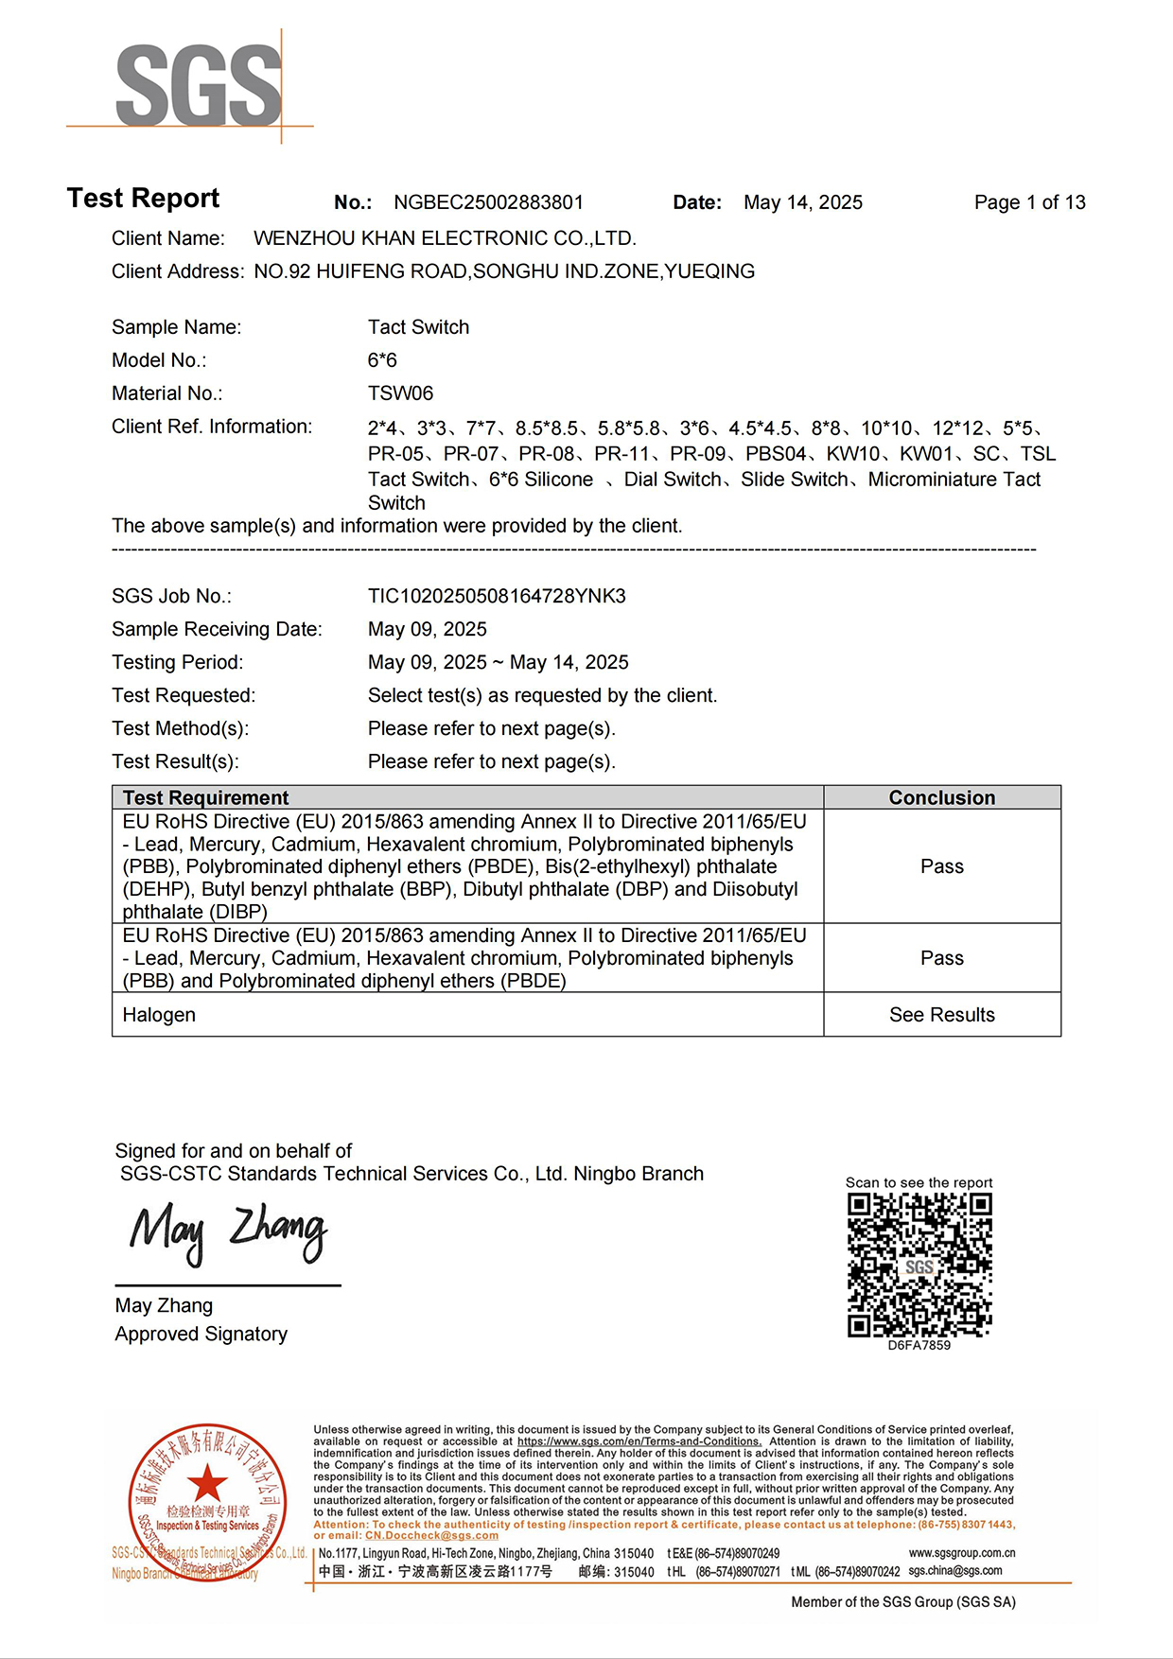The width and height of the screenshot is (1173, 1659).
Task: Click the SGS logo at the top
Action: pos(198,86)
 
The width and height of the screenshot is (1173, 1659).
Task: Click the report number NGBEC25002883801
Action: pos(488,202)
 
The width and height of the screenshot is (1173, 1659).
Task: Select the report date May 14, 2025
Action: pos(802,202)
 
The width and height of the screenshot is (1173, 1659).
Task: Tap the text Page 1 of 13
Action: pos(1029,202)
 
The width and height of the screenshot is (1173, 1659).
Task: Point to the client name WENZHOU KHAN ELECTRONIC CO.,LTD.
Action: pos(445,238)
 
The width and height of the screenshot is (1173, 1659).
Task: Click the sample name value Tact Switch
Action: pos(418,327)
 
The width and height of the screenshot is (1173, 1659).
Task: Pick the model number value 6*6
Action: pos(382,360)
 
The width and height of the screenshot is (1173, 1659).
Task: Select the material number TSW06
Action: pos(400,393)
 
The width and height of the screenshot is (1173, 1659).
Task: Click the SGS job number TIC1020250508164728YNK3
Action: pos(497,597)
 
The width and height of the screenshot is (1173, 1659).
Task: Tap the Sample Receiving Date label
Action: pos(217,630)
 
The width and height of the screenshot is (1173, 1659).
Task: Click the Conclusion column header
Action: pos(941,797)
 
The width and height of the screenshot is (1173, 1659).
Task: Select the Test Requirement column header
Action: pos(205,797)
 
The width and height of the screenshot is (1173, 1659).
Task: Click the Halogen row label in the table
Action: pos(159,1015)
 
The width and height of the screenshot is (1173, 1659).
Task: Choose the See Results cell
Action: pos(941,1015)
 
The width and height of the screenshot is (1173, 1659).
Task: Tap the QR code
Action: pos(919,1265)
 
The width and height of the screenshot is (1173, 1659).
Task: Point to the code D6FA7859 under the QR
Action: pos(919,1345)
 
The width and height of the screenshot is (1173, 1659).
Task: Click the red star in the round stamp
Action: pos(207,1482)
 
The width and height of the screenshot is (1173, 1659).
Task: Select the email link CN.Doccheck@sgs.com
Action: pos(431,1535)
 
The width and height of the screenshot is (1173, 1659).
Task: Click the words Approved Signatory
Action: pos(201,1335)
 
